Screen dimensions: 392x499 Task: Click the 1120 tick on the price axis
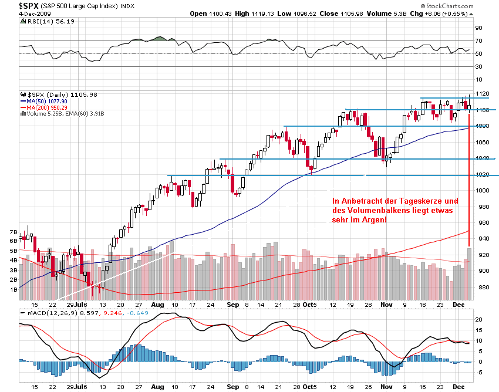pyautogui.click(x=483, y=94)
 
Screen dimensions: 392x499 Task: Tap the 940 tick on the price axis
pyautogui.click(x=481, y=239)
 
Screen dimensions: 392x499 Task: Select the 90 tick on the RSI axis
pyautogui.click(x=478, y=28)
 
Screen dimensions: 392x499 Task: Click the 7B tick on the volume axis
pyautogui.click(x=13, y=232)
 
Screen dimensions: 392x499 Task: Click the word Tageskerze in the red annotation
pyautogui.click(x=419, y=201)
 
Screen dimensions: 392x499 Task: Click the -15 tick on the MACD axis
pyautogui.click(x=478, y=383)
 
